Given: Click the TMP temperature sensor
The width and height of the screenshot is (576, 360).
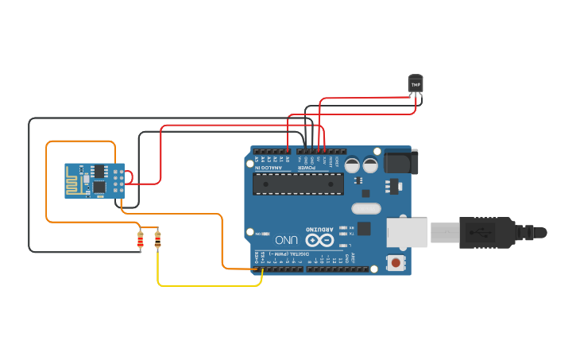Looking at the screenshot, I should [x=416, y=83].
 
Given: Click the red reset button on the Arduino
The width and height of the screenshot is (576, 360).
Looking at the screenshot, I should [x=395, y=262].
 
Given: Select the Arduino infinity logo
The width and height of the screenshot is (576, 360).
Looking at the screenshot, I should [x=319, y=239].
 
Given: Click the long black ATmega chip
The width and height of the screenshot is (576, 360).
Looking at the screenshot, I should [x=298, y=184].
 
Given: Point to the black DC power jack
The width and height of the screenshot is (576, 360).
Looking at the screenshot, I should [x=400, y=162].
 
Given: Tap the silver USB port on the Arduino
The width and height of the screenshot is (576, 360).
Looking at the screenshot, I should [x=406, y=232].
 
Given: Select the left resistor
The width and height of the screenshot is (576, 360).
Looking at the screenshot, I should [x=141, y=238].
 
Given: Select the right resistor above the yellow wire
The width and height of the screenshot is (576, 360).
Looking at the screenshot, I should [x=157, y=238].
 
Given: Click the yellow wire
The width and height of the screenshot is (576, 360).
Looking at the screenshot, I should [x=207, y=285].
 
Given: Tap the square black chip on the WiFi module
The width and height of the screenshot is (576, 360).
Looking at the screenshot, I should [x=99, y=186].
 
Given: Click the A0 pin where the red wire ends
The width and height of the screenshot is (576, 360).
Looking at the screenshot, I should [x=288, y=150].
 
